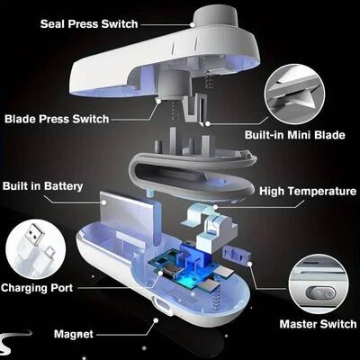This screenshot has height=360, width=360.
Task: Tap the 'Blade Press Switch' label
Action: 56,118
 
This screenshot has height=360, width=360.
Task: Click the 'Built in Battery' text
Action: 43,186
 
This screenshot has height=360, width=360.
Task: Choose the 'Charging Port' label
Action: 36,289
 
